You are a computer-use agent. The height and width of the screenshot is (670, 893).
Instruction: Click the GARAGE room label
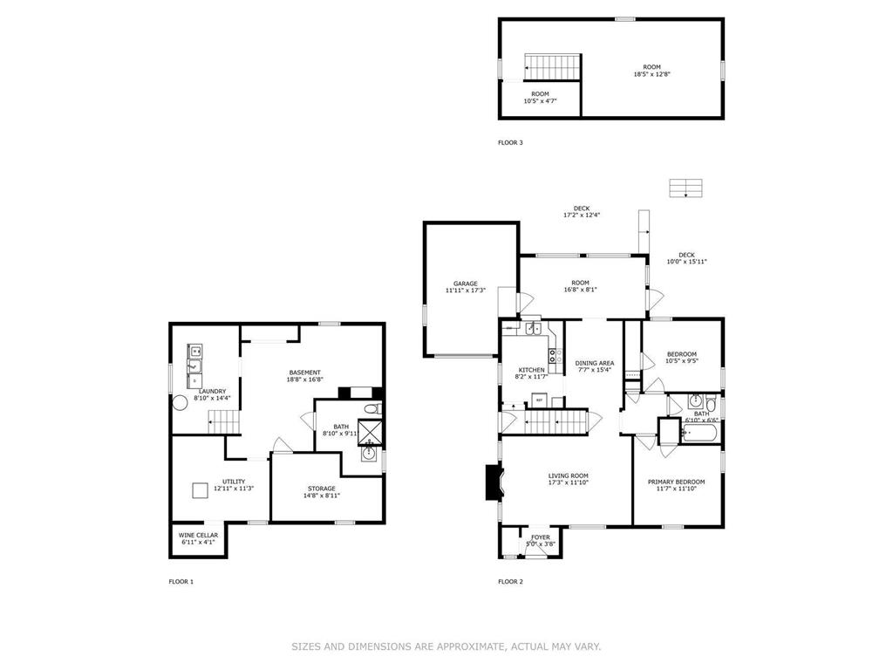[465, 284]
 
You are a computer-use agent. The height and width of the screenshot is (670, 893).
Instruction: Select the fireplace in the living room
[493, 482]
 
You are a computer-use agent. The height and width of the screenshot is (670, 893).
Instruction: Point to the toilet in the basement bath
[372, 409]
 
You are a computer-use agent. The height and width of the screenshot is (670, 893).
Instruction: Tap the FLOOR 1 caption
[181, 581]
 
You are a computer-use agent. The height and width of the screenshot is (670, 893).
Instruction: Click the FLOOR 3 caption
[510, 142]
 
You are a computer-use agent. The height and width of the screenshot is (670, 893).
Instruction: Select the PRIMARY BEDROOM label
[676, 482]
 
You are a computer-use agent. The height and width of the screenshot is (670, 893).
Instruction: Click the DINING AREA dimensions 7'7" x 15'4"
[594, 370]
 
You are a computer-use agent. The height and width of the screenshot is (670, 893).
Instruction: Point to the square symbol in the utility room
[200, 489]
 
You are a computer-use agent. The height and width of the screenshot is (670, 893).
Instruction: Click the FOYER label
[541, 537]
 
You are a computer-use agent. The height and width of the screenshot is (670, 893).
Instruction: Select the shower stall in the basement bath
[371, 432]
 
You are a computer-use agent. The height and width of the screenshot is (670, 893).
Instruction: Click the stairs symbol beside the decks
[685, 188]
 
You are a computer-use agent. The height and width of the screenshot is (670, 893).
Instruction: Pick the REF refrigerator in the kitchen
[539, 400]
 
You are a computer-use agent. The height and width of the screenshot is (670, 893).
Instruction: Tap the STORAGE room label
[321, 489]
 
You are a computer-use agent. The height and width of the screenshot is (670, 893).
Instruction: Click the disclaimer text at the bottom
[446, 646]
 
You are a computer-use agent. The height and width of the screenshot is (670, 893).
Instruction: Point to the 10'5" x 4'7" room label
[540, 93]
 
